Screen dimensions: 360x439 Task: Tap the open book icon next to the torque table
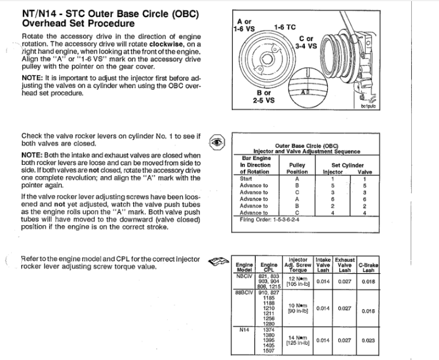point(217,260)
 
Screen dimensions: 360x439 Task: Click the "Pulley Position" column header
point(297,169)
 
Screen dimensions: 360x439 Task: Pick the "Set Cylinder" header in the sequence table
point(348,165)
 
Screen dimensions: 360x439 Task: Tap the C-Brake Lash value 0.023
point(368,341)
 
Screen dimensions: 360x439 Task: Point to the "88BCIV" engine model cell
point(246,291)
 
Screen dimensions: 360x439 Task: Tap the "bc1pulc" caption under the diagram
point(369,105)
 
